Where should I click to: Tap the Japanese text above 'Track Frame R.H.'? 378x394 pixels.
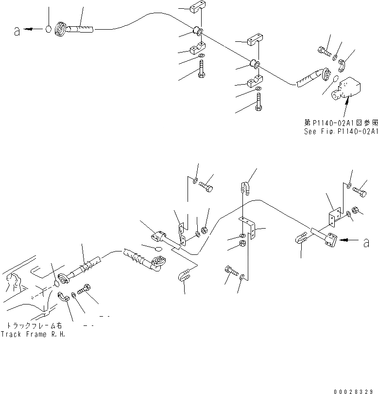pyautogui.click(x=33, y=325)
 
